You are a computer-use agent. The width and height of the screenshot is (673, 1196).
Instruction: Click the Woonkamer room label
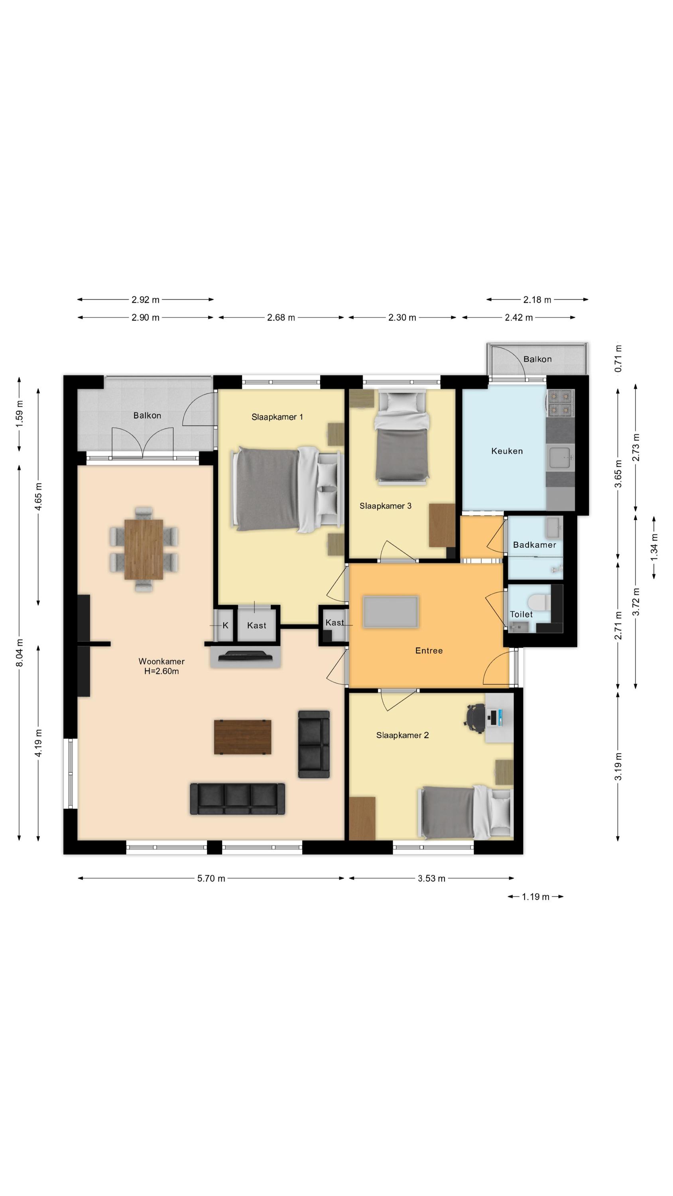[161, 661]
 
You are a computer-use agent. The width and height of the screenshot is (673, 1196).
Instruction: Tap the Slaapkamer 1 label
[277, 417]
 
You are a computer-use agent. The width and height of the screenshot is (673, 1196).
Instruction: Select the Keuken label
[507, 451]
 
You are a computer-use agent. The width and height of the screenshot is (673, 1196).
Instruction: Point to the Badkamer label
[534, 545]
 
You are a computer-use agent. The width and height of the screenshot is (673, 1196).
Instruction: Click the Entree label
[429, 651]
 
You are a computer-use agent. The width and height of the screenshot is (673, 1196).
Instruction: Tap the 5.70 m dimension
[211, 878]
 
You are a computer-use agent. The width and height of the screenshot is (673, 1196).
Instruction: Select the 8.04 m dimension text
[20, 652]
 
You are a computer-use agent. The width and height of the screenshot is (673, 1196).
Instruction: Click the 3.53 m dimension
[431, 878]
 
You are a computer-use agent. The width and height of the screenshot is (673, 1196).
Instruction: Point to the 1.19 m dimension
[535, 896]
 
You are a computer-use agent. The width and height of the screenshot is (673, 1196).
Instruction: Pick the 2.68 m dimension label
[281, 318]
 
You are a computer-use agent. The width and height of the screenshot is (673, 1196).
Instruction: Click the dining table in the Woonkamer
[144, 549]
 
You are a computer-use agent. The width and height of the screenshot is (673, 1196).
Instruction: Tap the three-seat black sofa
[237, 799]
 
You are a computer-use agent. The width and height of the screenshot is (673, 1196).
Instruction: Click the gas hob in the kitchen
[560, 403]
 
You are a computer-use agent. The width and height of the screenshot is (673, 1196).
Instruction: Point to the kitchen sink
[560, 457]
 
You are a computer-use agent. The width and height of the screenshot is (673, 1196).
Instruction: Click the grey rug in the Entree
[391, 612]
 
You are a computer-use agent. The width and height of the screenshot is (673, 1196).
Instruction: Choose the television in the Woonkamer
[245, 656]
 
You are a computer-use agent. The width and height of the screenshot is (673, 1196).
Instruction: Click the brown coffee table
[242, 737]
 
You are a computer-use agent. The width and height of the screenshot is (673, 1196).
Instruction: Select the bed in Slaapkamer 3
[402, 437]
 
